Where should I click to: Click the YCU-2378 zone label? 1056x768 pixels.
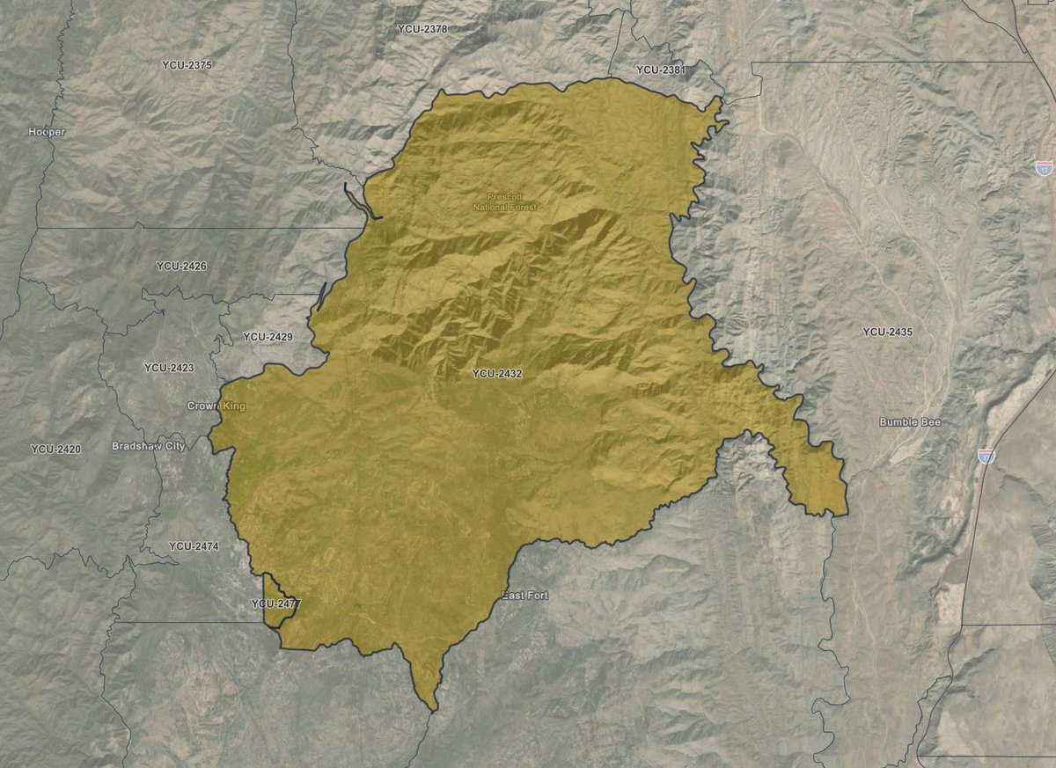click(x=422, y=29)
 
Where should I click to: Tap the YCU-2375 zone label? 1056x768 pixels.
click(x=187, y=65)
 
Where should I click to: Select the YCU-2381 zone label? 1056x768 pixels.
click(x=660, y=69)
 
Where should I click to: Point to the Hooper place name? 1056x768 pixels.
click(x=47, y=132)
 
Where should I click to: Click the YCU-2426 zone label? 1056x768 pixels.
click(x=181, y=266)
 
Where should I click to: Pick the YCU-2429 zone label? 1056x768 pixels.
click(x=268, y=337)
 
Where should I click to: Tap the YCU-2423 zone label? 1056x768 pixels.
click(x=169, y=368)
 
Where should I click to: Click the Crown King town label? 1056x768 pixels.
click(x=216, y=406)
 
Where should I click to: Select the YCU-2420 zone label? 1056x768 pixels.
click(x=55, y=450)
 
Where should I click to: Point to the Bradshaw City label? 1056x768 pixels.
click(x=149, y=447)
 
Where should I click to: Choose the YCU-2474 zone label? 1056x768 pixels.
click(x=194, y=546)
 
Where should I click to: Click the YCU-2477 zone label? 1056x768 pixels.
click(x=275, y=604)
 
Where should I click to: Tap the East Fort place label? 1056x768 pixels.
click(x=525, y=596)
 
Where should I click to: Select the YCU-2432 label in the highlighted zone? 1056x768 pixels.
click(x=497, y=374)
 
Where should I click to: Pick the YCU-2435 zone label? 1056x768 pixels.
click(x=887, y=332)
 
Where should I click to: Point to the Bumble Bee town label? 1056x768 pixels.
click(x=910, y=423)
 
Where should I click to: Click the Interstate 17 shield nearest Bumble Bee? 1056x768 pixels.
click(x=986, y=456)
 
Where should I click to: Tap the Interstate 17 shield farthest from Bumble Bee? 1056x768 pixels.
click(x=1045, y=166)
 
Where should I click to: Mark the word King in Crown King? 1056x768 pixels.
click(x=233, y=406)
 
